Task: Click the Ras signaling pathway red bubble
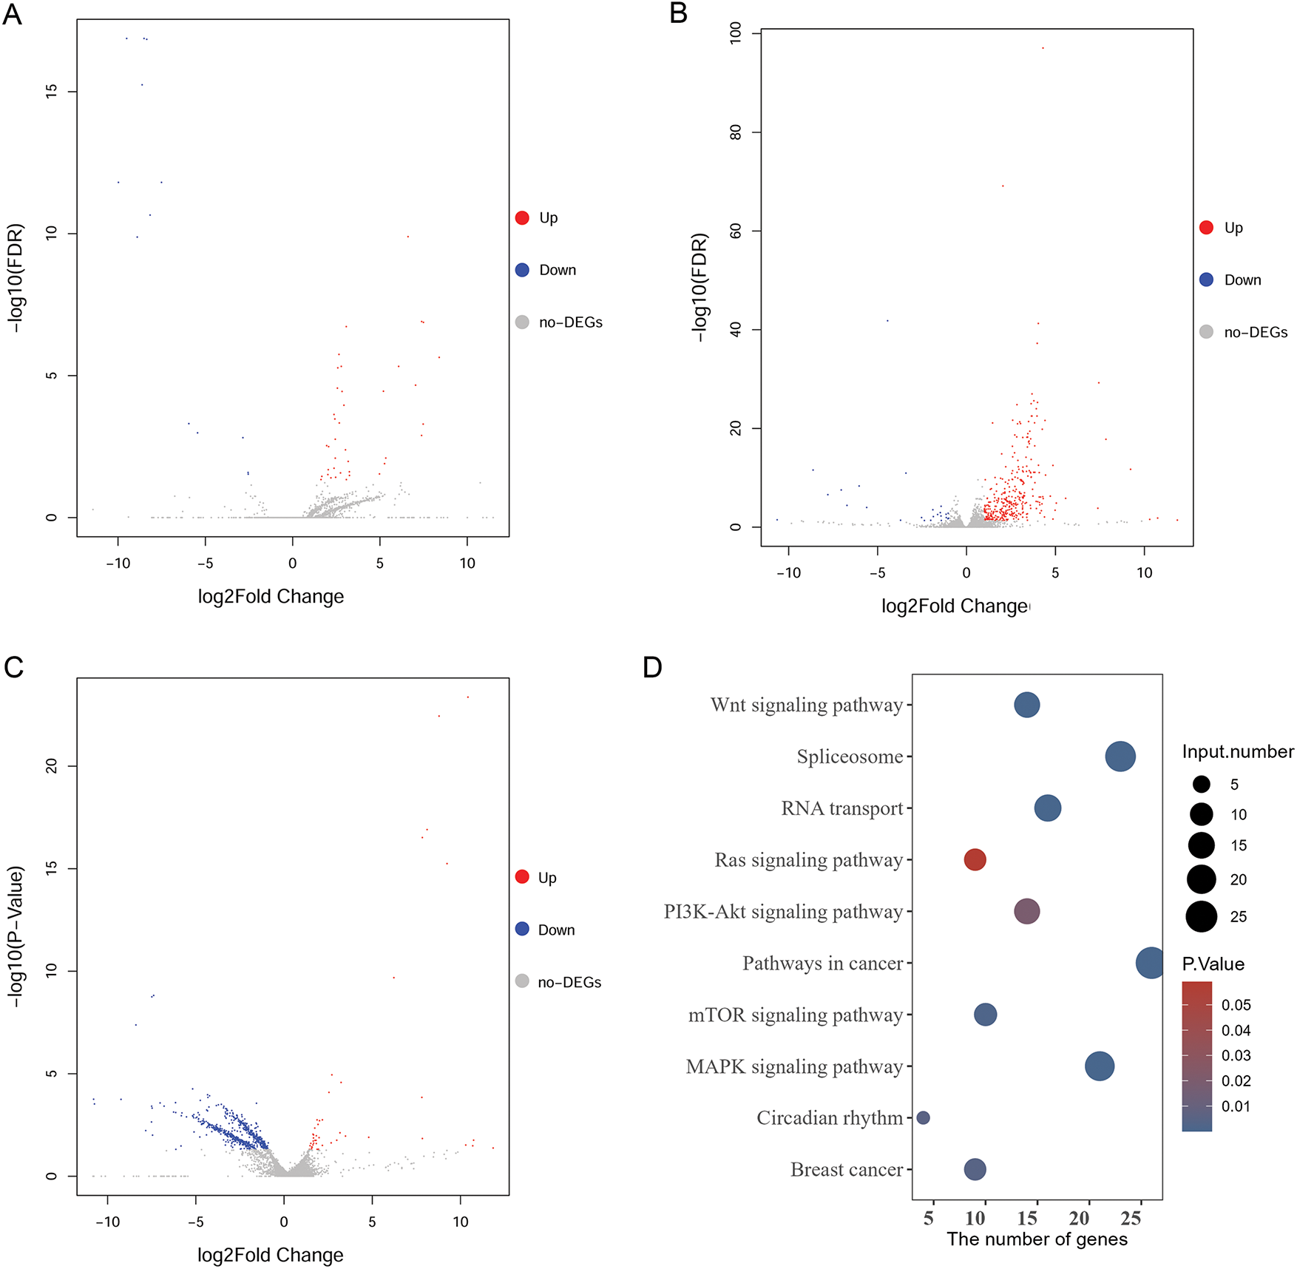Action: [975, 859]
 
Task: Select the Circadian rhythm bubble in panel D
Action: [923, 1117]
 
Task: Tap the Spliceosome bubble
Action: [1120, 756]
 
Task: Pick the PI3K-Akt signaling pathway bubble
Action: [1026, 911]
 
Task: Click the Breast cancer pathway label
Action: [846, 1169]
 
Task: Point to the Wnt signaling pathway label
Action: [806, 705]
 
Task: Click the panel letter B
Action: [678, 13]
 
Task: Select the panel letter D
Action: [652, 668]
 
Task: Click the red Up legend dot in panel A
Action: [522, 217]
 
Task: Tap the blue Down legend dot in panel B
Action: [1206, 280]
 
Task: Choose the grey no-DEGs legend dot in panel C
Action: [522, 981]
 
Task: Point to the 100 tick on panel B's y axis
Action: [736, 33]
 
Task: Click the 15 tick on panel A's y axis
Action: [51, 91]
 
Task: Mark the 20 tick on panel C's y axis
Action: [51, 766]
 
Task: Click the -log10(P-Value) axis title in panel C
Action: [16, 935]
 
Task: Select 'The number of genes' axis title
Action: [1037, 1239]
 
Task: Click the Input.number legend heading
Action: [1237, 751]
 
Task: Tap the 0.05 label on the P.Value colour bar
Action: [1236, 1005]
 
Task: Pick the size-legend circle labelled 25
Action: [1202, 916]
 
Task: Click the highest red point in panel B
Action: [1043, 48]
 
